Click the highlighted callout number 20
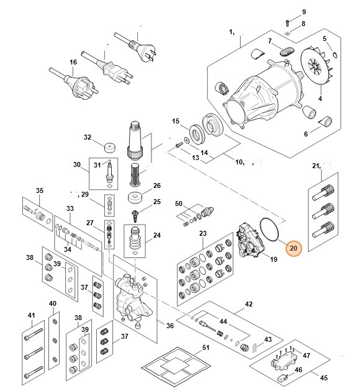(x=293, y=248)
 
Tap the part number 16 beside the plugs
(x=73, y=62)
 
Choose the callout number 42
(x=249, y=305)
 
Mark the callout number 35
(x=40, y=190)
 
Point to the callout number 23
(x=202, y=233)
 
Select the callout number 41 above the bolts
(x=31, y=316)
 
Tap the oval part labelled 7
(x=286, y=49)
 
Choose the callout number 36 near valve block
(x=169, y=326)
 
